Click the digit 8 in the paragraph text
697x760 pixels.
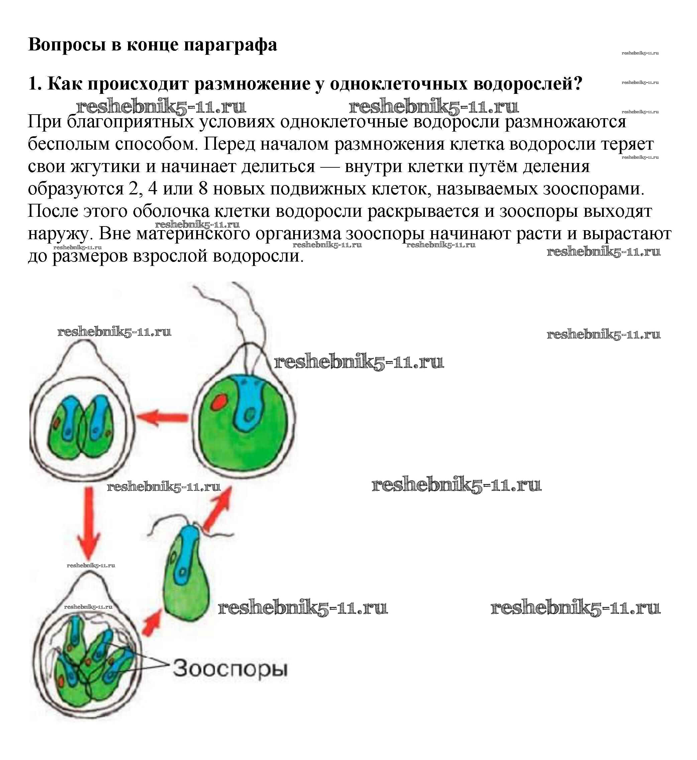click(203, 189)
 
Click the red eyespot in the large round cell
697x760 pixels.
click(218, 402)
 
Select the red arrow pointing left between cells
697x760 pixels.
click(162, 418)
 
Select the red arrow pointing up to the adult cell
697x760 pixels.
click(217, 507)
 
